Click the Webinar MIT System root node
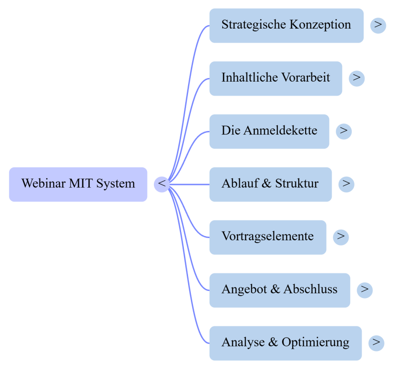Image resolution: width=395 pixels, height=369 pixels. pyautogui.click(x=78, y=184)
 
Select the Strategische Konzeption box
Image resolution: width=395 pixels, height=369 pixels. pyautogui.click(x=286, y=25)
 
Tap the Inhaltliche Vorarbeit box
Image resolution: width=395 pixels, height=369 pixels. pyautogui.click(x=276, y=78)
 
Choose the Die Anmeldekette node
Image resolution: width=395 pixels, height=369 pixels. pyautogui.click(x=269, y=131)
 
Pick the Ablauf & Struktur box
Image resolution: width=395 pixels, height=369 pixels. pyautogui.click(x=271, y=184)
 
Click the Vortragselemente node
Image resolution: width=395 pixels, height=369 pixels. pyautogui.click(x=268, y=237)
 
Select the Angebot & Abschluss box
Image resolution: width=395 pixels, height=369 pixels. pyautogui.click(x=280, y=290)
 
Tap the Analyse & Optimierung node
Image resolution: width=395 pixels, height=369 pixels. pyautogui.click(x=285, y=343)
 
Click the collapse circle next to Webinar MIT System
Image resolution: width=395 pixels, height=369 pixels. pyautogui.click(x=162, y=184)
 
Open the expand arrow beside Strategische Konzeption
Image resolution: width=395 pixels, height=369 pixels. pyautogui.click(x=378, y=25)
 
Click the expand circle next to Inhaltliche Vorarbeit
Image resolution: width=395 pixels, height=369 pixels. pyautogui.click(x=357, y=78)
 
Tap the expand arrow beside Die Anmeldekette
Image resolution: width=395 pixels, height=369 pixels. pyautogui.click(x=344, y=131)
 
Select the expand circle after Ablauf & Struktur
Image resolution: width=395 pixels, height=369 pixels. pyautogui.click(x=347, y=184)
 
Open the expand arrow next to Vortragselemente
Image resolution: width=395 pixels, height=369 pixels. pyautogui.click(x=341, y=237)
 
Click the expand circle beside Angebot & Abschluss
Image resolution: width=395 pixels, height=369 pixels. pyautogui.click(x=365, y=290)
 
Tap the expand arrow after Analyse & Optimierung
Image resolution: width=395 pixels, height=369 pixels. pyautogui.click(x=377, y=343)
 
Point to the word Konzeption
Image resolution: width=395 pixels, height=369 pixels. pyautogui.click(x=320, y=25)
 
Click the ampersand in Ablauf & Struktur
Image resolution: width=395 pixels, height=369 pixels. pyautogui.click(x=266, y=183)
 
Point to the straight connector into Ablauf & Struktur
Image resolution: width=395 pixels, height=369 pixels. pyautogui.click(x=189, y=184)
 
